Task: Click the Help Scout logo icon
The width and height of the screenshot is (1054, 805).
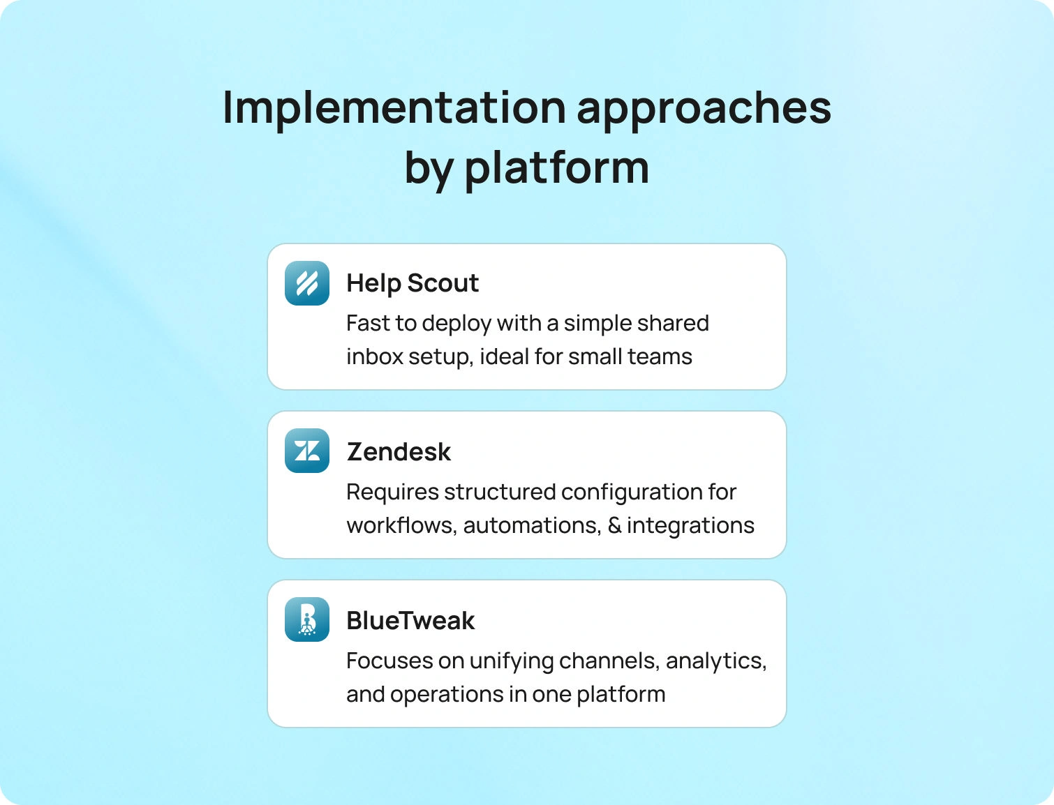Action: [307, 283]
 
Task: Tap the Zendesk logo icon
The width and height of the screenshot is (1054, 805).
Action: [307, 451]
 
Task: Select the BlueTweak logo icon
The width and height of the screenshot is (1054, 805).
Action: [307, 619]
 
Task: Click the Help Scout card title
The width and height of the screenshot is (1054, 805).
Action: [413, 283]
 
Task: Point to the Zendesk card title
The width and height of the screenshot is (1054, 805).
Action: [399, 451]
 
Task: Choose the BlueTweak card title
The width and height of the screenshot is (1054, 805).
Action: [410, 620]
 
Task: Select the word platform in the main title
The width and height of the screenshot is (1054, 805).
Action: [557, 169]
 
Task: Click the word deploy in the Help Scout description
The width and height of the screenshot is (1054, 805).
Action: [457, 324]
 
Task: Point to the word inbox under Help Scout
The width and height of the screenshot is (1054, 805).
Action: [375, 356]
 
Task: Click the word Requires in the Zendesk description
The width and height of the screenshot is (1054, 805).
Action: [392, 492]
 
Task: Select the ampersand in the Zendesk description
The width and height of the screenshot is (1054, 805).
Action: [614, 525]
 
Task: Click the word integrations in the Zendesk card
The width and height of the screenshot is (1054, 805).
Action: [690, 526]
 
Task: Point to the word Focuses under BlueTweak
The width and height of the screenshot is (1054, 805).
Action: [389, 661]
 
